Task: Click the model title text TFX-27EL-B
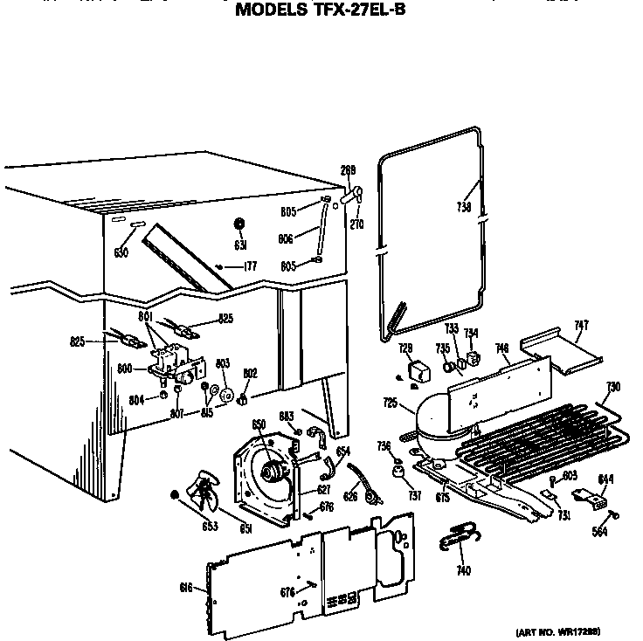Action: click(321, 10)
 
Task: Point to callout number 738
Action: click(463, 207)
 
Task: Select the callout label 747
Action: click(581, 326)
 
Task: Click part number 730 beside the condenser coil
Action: click(613, 387)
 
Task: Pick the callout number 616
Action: click(186, 588)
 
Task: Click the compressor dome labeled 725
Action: click(441, 414)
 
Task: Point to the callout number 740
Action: click(463, 571)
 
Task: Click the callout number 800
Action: click(125, 369)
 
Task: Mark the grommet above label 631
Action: click(239, 223)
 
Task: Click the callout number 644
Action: click(605, 479)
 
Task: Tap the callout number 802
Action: click(250, 373)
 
